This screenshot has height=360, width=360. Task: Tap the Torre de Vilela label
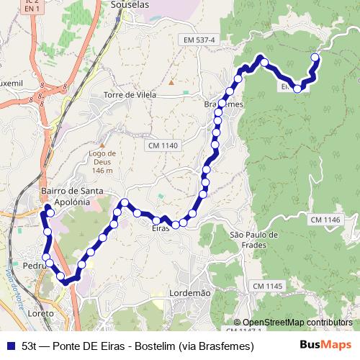130,95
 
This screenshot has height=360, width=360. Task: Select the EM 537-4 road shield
199,39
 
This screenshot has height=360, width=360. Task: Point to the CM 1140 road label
163,145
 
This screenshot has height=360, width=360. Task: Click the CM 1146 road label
325,219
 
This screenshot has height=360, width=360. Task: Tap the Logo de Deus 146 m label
102,161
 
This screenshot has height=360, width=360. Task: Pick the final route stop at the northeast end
314,57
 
